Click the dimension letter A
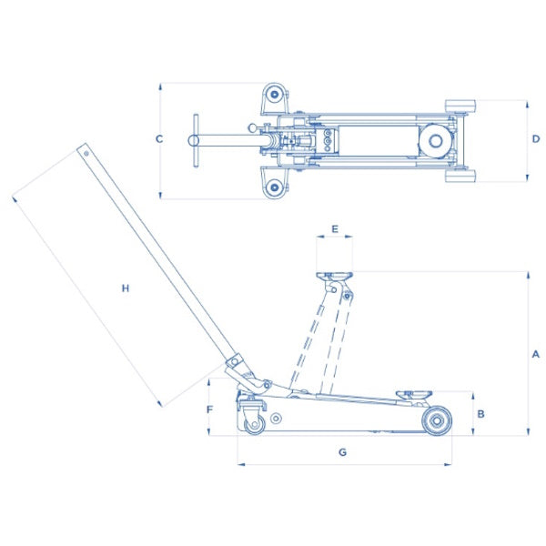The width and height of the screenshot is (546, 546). coord(536,353)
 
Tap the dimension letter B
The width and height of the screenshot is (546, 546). coord(481,413)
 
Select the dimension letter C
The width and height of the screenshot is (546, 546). coord(158,139)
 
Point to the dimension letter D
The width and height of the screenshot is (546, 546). coord(536,139)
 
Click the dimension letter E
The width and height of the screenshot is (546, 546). coord(335,229)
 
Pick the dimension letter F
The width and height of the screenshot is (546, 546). coord(209,409)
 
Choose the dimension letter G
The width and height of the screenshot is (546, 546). coord(342,452)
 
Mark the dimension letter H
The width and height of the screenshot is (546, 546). coord(126,288)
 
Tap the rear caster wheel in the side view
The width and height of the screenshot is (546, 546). coord(252,423)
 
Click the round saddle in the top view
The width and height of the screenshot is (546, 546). coord(431,139)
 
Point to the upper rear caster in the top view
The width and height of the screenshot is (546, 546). coord(273,95)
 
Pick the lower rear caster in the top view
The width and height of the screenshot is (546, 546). coord(273,187)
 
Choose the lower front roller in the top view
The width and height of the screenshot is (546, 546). coord(460,176)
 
